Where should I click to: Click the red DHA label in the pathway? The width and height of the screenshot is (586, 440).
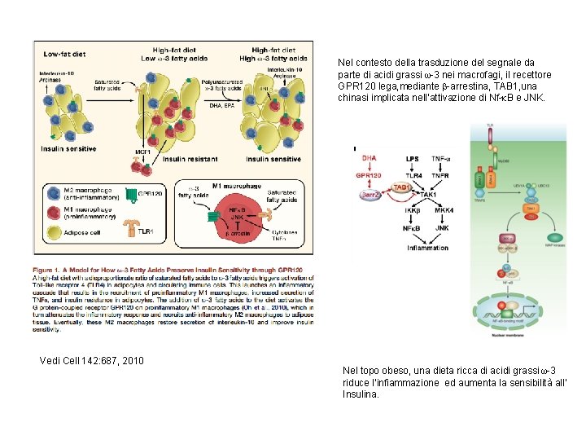pos(370,157)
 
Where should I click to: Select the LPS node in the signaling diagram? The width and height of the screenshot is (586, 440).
pos(413,157)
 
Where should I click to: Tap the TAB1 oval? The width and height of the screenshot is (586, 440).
pos(401,187)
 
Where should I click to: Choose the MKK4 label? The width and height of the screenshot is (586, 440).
pos(444,209)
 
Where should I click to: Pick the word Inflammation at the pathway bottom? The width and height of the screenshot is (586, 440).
pos(427,248)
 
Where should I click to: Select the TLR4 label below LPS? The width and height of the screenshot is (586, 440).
pos(413,175)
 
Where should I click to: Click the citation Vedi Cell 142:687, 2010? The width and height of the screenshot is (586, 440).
pos(92,360)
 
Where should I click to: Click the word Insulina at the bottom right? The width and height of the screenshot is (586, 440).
pos(361,394)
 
